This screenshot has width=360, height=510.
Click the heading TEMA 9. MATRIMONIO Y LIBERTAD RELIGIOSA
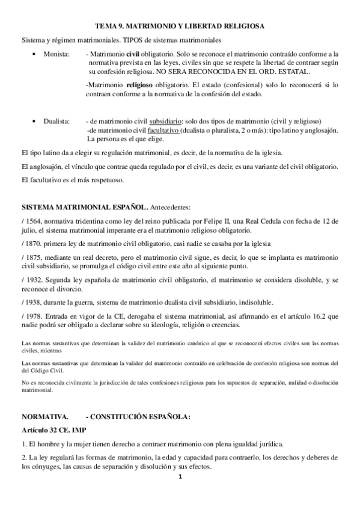[x=180, y=26]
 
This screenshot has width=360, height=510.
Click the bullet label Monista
[x=55, y=54]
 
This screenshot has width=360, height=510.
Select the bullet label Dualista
[x=56, y=121]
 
